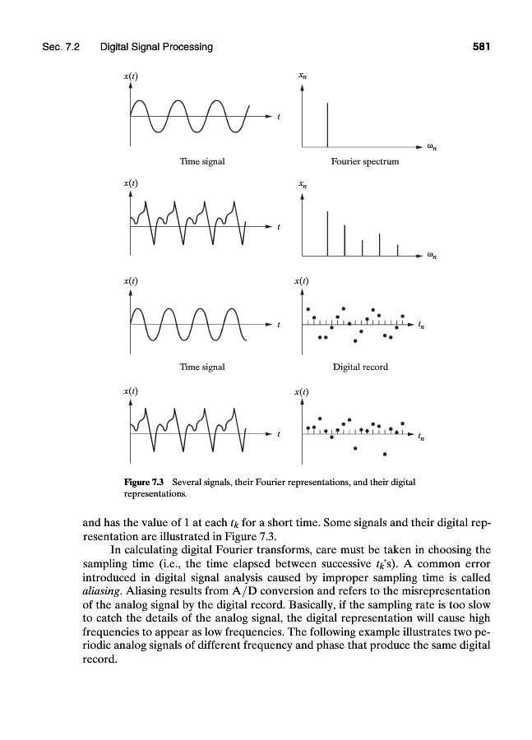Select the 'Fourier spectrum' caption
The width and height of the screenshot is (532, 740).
(364, 161)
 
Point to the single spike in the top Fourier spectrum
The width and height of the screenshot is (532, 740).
(327, 123)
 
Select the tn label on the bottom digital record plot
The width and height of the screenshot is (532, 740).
(422, 437)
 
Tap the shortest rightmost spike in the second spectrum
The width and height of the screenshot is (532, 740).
(397, 249)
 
